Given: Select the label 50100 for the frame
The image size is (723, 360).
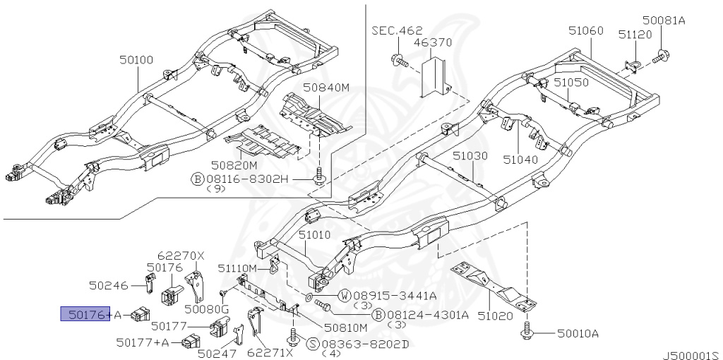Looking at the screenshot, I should pyautogui.click(x=136, y=61).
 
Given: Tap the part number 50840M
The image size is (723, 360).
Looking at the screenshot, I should pyautogui.click(x=326, y=88).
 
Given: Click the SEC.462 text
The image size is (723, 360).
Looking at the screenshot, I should pyautogui.click(x=397, y=30).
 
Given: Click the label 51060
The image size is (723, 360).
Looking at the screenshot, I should pyautogui.click(x=586, y=30).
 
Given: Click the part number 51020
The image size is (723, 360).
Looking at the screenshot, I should pyautogui.click(x=495, y=316).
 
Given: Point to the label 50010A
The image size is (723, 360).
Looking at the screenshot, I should pyautogui.click(x=578, y=333).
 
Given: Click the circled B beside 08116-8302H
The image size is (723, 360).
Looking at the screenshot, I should pyautogui.click(x=198, y=179).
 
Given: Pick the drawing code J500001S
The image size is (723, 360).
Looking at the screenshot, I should pyautogui.click(x=690, y=355).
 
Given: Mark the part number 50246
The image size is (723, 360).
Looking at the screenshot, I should pyautogui.click(x=109, y=286).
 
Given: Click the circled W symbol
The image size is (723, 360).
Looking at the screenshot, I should pyautogui.click(x=345, y=295).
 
